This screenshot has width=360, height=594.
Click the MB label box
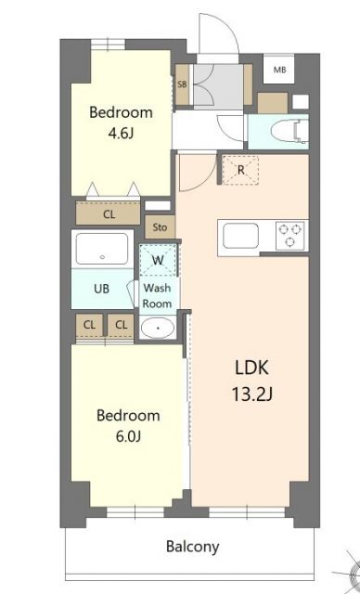279,70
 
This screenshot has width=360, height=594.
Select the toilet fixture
296,131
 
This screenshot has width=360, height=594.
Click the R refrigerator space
240,169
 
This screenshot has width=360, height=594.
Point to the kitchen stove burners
290,234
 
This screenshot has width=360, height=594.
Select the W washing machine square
157,260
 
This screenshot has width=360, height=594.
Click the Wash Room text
156,296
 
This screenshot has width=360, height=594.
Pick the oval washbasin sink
157,328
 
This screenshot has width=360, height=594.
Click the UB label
101,289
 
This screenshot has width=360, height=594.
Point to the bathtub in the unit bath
103,251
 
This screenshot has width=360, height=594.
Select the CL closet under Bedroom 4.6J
109,214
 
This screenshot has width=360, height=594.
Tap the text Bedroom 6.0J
128,425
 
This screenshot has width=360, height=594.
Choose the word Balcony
192,546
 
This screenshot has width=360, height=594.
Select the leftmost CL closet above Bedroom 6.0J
89,324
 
